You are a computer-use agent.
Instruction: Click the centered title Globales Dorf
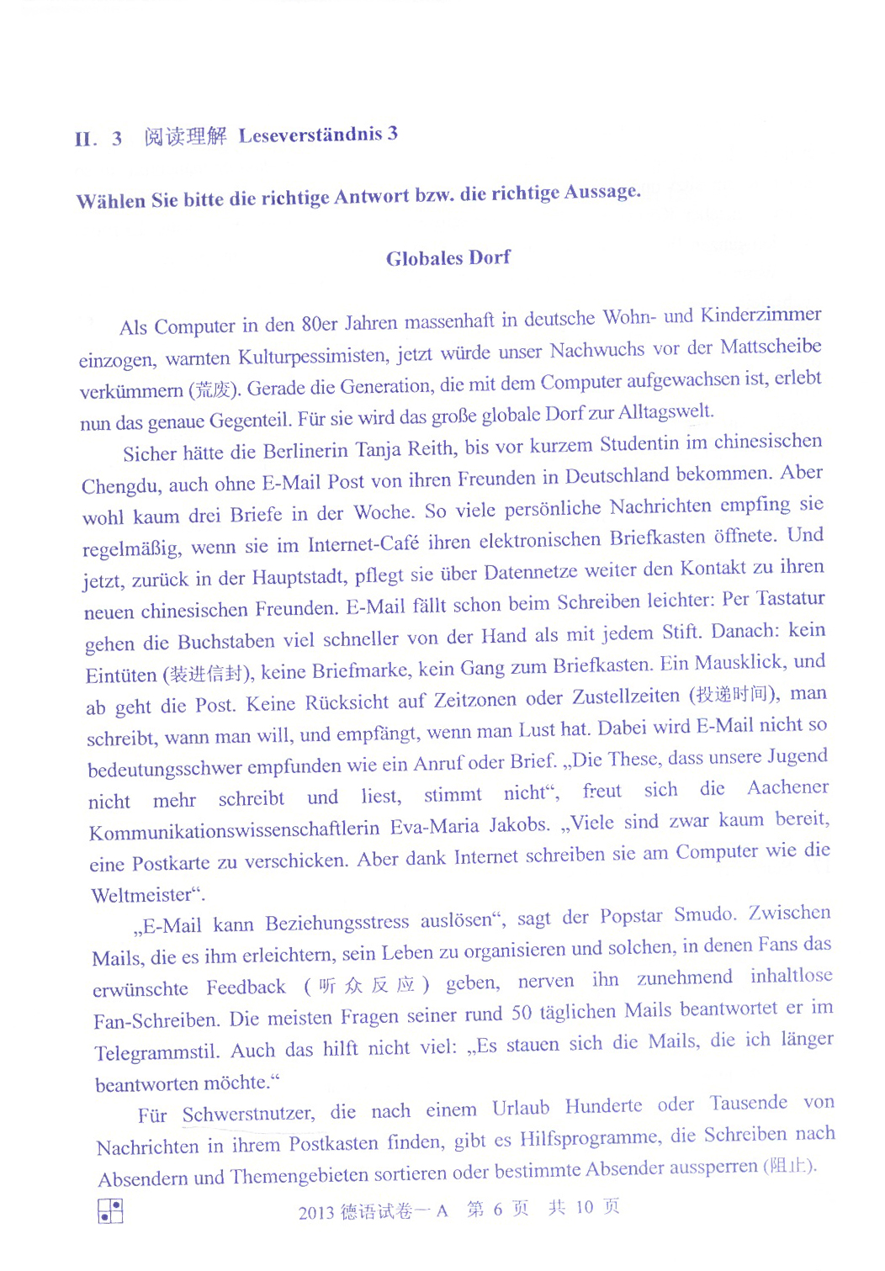tap(448, 258)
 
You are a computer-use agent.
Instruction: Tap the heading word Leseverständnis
tap(310, 135)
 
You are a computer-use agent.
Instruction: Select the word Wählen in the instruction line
tap(110, 201)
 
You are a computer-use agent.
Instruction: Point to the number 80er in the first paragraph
tap(319, 324)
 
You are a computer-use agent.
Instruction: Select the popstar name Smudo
tap(704, 914)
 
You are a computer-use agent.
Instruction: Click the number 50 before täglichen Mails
tap(522, 1013)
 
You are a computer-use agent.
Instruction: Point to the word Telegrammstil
tap(157, 1052)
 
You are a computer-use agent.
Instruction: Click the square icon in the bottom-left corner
tap(110, 1210)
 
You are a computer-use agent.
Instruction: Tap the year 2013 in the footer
tap(316, 1212)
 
